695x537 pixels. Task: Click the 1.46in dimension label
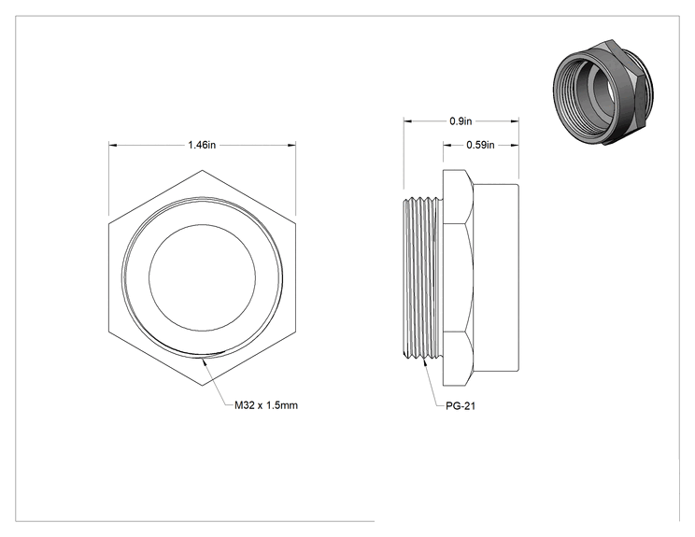(202, 145)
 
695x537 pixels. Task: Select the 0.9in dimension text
(461, 121)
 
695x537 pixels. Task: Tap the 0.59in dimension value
(480, 145)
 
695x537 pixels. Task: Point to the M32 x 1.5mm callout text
(266, 405)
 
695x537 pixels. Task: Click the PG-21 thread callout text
(461, 406)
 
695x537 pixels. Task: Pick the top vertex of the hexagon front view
(202, 170)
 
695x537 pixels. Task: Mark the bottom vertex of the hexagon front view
(202, 386)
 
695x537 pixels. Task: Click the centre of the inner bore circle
(202, 277)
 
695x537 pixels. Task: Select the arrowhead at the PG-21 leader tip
(426, 360)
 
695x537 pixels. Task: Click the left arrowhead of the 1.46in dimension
(113, 145)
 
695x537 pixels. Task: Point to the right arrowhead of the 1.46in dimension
(291, 145)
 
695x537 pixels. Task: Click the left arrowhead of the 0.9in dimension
(407, 121)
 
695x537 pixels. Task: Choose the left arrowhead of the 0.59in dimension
(447, 145)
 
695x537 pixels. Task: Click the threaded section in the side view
(423, 277)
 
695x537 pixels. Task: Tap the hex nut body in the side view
(459, 277)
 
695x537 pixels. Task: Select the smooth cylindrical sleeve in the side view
(496, 277)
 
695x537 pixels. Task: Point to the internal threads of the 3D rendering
(573, 95)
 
